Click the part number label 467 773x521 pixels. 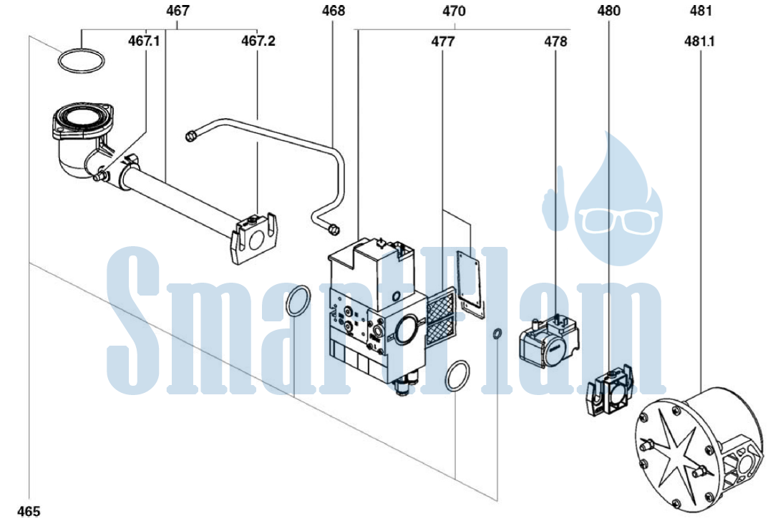coord(178,10)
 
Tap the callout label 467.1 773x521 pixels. coord(144,40)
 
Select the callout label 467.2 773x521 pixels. coord(258,40)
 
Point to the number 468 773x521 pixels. coord(334,10)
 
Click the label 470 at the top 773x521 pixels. coord(454,10)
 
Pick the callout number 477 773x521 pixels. coord(443,42)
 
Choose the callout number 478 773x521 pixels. coord(555,42)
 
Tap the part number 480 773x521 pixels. coord(609,10)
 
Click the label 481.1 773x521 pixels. coord(699,42)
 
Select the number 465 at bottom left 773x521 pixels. coord(29,511)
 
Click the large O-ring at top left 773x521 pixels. coord(82,51)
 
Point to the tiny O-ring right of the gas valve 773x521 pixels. coord(497,333)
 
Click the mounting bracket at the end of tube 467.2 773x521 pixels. coord(253,238)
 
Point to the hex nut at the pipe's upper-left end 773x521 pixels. coord(189,135)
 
